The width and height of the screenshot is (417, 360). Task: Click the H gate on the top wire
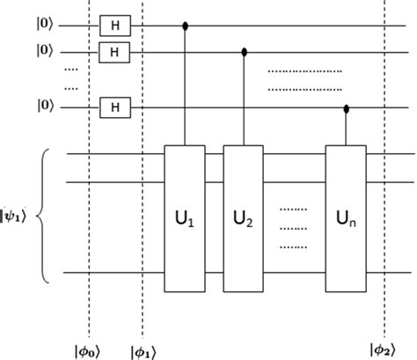(113, 26)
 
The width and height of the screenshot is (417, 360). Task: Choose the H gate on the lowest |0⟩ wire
(113, 108)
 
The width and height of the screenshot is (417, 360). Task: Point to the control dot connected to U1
(186, 26)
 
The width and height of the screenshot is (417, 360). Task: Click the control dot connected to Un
(346, 108)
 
